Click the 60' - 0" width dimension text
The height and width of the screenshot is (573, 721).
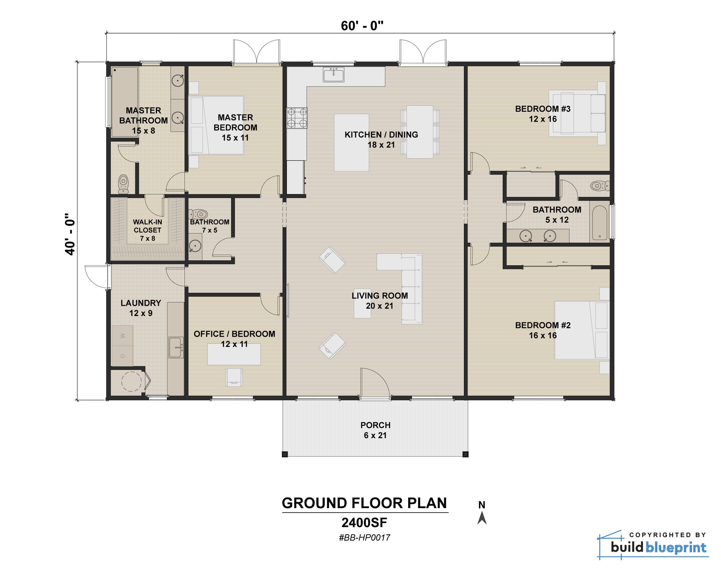click(362, 26)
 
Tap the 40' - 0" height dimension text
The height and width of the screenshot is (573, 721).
click(70, 235)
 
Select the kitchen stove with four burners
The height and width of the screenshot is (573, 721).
click(297, 118)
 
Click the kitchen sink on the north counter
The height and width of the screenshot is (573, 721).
click(333, 75)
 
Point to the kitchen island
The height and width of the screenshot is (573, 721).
click(351, 143)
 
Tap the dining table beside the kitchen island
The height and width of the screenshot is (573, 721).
click(420, 132)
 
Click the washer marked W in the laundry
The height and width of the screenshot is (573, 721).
click(122, 335)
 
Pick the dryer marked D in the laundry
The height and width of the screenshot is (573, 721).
click(122, 355)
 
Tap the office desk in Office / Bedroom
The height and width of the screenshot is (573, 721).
click(234, 354)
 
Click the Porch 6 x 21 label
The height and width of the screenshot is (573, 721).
click(375, 430)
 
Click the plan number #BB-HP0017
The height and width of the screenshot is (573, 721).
click(364, 537)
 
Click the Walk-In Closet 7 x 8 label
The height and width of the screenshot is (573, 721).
click(147, 230)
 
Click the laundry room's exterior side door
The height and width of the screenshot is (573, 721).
click(97, 276)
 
